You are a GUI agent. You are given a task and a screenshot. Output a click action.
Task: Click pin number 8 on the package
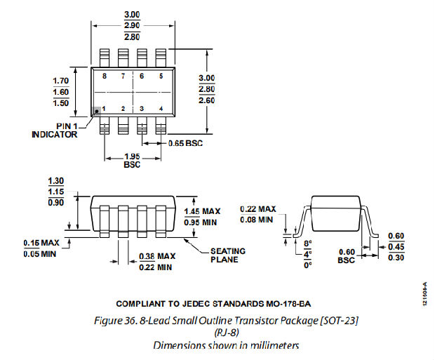[105, 75]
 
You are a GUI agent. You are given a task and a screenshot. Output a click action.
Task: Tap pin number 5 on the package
[161, 75]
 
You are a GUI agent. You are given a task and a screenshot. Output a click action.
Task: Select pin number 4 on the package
[161, 109]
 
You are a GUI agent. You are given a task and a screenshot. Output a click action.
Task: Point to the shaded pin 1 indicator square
[98, 110]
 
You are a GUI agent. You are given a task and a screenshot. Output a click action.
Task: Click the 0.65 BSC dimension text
[185, 144]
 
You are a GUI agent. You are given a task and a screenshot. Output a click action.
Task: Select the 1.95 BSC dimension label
[131, 160]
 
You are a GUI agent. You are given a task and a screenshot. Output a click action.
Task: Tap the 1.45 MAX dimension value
[202, 211]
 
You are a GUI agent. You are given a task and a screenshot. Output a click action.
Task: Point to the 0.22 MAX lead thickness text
[257, 209]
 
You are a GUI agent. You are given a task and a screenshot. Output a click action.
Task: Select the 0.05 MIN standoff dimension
[40, 254]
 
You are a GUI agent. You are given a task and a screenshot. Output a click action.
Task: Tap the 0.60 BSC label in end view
[347, 256]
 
